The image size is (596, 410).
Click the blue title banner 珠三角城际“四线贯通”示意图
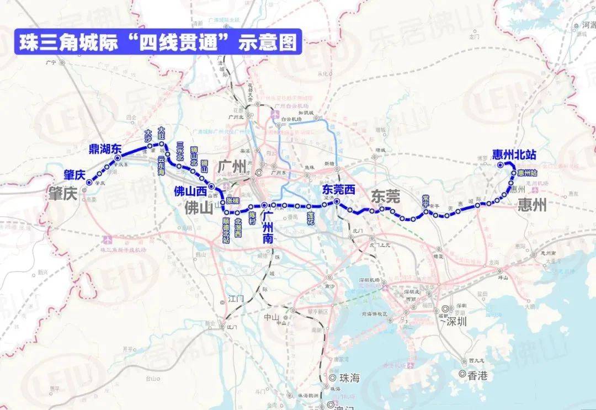coord(158,42)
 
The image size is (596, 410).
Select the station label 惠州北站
coord(512,155)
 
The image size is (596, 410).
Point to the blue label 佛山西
coord(190,191)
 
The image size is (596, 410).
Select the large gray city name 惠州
coord(531,206)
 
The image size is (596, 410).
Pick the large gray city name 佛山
coord(198,208)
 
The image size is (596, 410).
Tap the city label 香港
coord(477,376)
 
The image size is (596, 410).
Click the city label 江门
coord(236,299)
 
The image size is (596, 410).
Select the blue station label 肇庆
coord(74,175)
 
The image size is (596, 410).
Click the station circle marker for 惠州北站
coord(500,164)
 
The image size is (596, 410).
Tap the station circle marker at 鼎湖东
coord(118,158)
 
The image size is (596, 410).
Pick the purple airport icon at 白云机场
coord(275,114)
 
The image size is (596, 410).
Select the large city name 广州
coord(231,166)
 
